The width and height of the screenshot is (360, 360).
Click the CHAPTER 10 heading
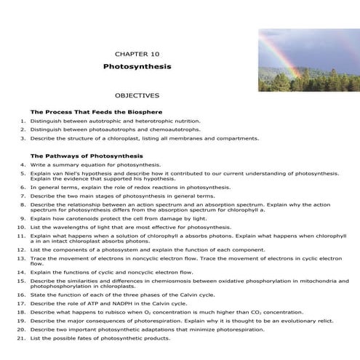tap(137, 53)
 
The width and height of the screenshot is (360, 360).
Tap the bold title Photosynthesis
tap(137, 65)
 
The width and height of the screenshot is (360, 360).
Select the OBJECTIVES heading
tap(137, 95)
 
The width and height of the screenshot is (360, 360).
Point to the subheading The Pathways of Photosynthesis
tap(87, 156)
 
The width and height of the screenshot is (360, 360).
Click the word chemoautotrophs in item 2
tap(174, 129)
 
